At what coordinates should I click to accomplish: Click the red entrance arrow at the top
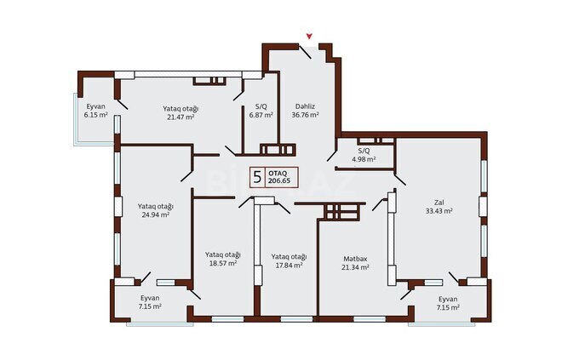point(310,36)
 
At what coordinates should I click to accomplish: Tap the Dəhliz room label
point(305,105)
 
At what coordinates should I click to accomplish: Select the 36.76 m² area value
point(305,114)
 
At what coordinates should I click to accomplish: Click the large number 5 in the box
point(256,177)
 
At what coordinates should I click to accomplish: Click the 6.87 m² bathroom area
point(260,114)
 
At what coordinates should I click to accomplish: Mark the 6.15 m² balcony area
point(95,114)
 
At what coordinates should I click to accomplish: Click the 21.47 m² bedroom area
point(181,117)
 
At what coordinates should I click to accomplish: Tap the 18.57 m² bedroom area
point(221,264)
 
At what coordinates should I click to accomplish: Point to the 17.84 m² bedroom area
point(288,266)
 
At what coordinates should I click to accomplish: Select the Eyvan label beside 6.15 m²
point(95,106)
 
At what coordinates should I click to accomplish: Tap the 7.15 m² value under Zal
point(448,307)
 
